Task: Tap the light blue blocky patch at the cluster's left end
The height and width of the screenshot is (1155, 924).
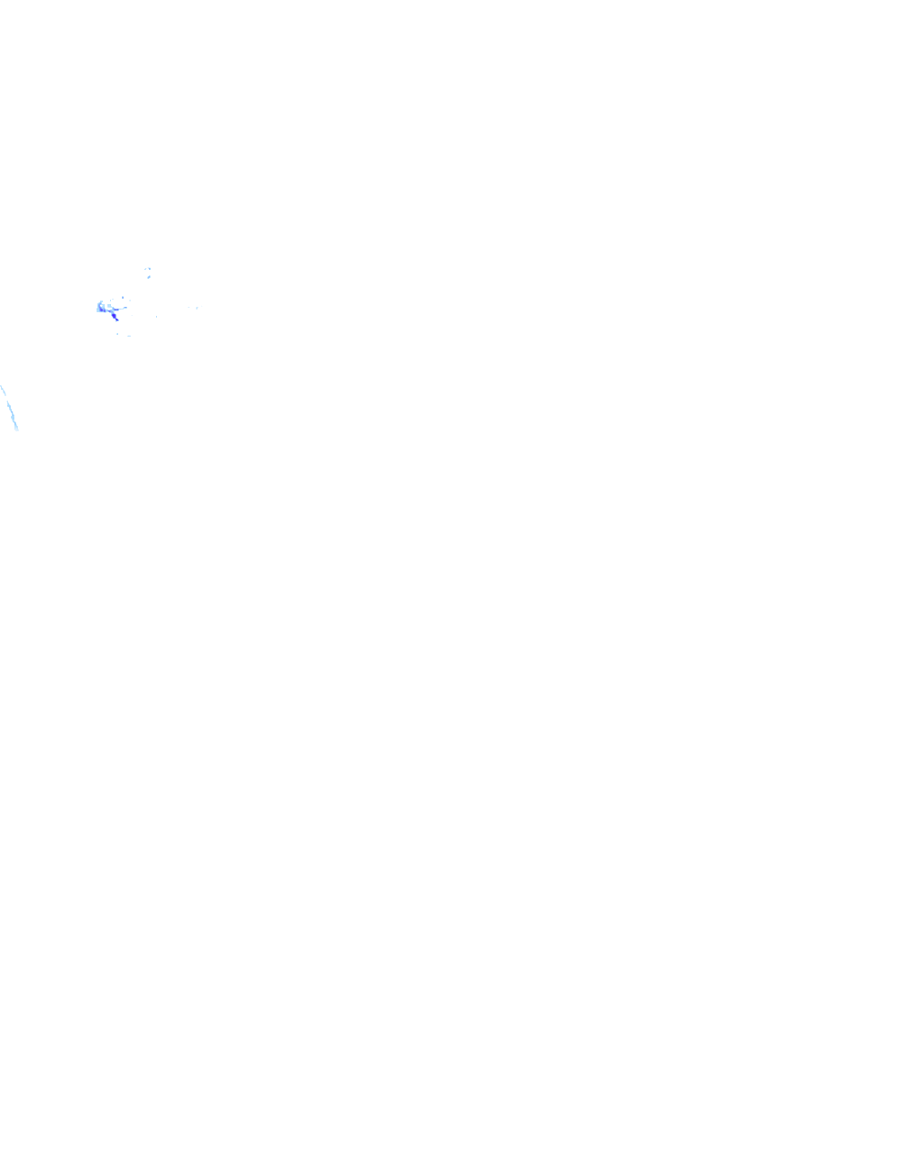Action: [98, 310]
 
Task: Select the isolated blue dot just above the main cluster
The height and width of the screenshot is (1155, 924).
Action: [123, 298]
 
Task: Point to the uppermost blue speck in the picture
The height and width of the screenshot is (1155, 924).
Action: [149, 269]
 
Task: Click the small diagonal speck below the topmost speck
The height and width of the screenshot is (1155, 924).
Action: [149, 277]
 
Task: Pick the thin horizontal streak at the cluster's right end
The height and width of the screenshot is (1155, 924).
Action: [125, 308]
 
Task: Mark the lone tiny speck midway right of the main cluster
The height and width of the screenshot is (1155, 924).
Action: [156, 317]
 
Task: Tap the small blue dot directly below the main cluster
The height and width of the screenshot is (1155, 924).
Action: [117, 334]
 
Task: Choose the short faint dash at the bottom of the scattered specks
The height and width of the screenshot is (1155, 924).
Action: [129, 336]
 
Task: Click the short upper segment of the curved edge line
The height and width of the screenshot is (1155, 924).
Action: [4, 391]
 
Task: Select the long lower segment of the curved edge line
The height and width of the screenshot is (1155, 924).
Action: [12, 416]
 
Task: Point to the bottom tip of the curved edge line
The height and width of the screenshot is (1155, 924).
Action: [16, 430]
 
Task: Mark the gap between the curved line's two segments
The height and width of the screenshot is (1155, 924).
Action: [6, 398]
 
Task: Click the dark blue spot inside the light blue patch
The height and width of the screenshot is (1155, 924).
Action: [101, 310]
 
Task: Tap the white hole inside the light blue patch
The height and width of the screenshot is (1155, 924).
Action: [101, 306]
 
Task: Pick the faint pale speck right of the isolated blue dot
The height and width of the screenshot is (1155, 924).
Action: [130, 300]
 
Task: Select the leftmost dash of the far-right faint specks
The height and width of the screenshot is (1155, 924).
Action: [189, 307]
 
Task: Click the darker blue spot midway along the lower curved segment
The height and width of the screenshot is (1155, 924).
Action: [12, 412]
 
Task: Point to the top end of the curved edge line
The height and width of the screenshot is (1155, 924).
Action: [1, 386]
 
